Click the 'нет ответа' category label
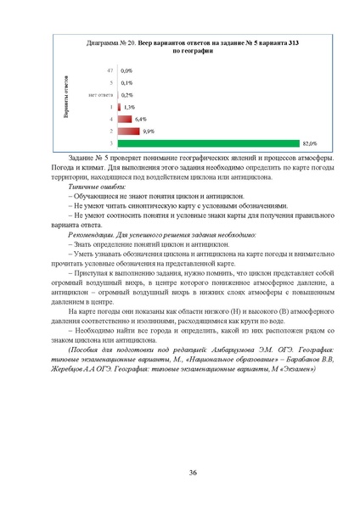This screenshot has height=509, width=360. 101,95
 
